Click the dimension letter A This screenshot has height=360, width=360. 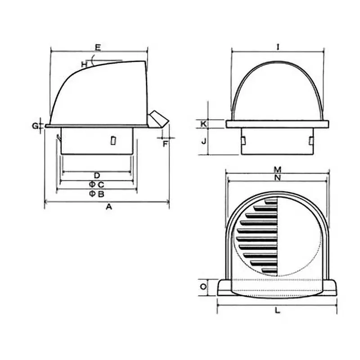pyautogui.click(x=108, y=207)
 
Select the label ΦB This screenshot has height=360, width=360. pyautogui.click(x=96, y=194)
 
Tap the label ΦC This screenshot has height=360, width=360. pyautogui.click(x=96, y=184)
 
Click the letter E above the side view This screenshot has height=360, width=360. pyautogui.click(x=98, y=46)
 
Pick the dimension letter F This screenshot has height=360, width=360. pyautogui.click(x=165, y=144)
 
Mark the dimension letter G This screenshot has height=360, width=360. pyautogui.click(x=35, y=126)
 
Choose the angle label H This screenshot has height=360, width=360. pyautogui.click(x=84, y=64)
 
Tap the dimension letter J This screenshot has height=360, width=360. pyautogui.click(x=204, y=141)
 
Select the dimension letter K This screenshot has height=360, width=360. pyautogui.click(x=204, y=123)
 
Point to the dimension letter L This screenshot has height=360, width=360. pyautogui.click(x=277, y=310)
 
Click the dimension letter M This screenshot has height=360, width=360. pyautogui.click(x=278, y=170)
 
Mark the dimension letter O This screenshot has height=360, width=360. pyautogui.click(x=203, y=287)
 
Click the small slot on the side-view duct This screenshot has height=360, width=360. pyautogui.click(x=112, y=141)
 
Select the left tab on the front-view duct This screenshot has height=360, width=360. pyautogui.click(x=243, y=141)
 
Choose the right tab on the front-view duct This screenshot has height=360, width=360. pyautogui.click(x=310, y=141)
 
